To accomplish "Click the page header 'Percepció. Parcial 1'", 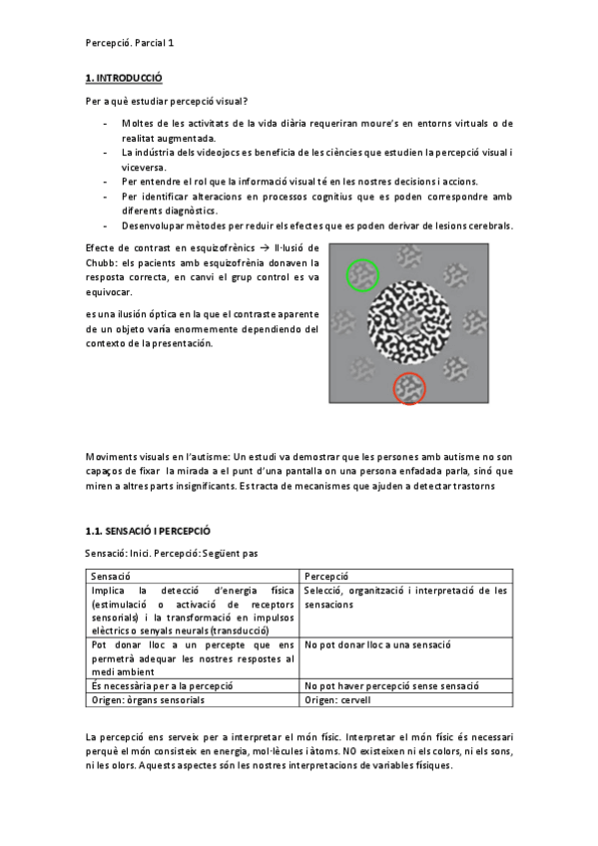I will tap(129, 43).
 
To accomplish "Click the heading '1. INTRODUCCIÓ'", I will tap(124, 77).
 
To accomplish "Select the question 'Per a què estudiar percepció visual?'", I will tap(167, 101).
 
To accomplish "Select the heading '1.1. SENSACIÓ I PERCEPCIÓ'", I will tap(148, 532).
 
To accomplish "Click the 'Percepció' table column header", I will tap(326, 577).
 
